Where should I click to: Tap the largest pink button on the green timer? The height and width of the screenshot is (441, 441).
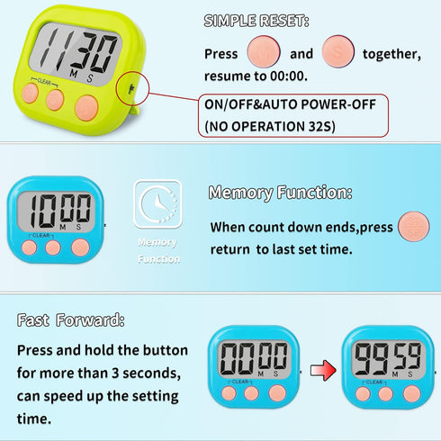[86, 108]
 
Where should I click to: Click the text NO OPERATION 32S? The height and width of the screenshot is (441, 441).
[270, 125]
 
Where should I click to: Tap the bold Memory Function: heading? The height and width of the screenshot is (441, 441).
[280, 193]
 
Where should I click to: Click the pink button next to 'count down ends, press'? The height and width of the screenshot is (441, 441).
[413, 225]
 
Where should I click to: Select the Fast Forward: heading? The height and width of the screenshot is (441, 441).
[70, 320]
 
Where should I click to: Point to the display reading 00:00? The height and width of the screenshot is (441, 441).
[254, 357]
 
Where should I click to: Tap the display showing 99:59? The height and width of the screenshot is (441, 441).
[385, 357]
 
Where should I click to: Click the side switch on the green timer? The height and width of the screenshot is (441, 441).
[130, 86]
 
